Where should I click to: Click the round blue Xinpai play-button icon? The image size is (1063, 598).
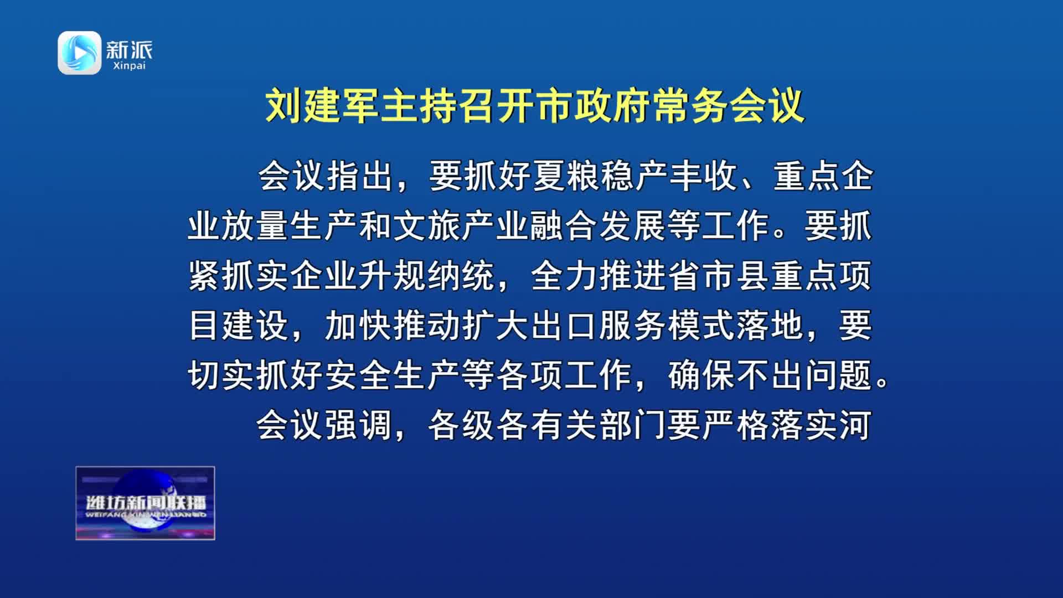[x=80, y=53]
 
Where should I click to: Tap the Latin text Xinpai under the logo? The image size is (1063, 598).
[x=129, y=66]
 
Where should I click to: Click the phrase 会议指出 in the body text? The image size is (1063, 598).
[x=326, y=177]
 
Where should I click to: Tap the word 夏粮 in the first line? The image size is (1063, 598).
[x=566, y=177]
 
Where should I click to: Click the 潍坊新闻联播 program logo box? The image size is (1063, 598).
[x=145, y=503]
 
